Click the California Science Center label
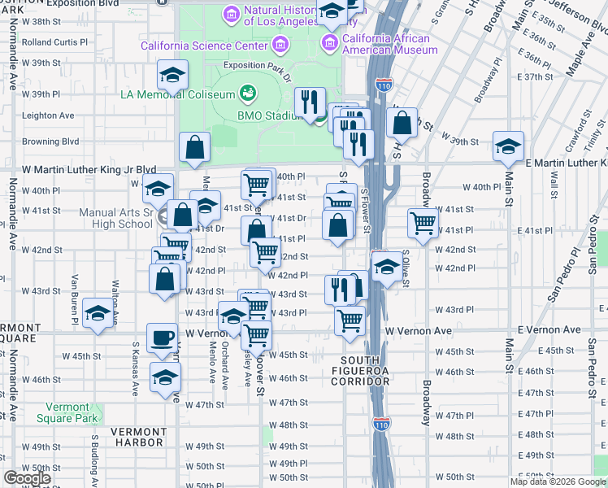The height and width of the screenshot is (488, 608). (x=206, y=46)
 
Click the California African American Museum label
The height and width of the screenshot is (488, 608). (x=390, y=44)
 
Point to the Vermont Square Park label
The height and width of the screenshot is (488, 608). (x=67, y=412)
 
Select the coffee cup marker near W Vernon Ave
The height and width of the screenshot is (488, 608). (x=162, y=338)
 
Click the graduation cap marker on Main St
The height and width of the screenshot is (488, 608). (x=508, y=146)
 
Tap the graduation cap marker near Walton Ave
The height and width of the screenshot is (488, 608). (x=98, y=314)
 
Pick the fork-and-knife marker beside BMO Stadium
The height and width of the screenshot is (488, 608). (x=310, y=102)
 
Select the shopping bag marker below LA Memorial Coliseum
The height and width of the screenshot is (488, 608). (x=195, y=147)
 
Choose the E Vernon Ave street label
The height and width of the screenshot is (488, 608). (x=549, y=330)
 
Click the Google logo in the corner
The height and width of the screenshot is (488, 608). (x=27, y=477)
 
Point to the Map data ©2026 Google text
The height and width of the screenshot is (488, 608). (x=558, y=481)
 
